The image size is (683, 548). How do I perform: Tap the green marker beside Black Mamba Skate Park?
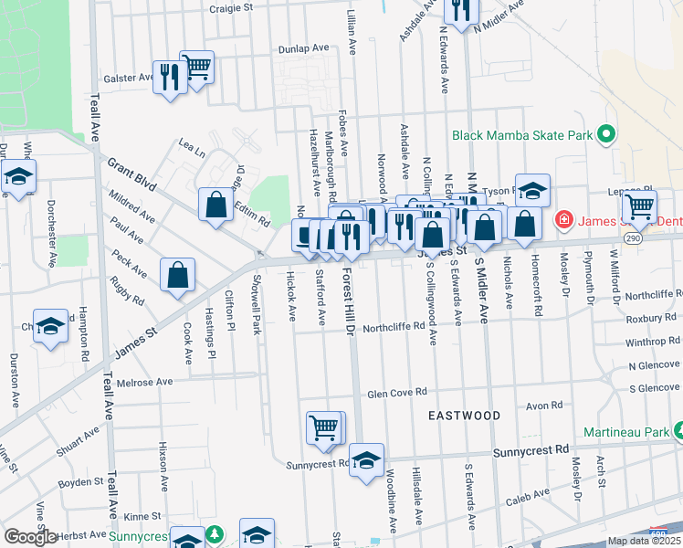605,135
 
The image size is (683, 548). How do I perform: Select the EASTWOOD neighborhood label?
465,416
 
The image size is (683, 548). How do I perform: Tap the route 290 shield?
631,237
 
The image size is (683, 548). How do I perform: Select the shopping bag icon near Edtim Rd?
216,205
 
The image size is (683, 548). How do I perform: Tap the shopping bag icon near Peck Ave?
178,275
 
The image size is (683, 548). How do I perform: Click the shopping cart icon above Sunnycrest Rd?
324,428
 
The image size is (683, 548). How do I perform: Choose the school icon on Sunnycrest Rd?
366,461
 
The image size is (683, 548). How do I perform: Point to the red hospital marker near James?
564,220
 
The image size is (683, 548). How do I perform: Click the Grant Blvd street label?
132,175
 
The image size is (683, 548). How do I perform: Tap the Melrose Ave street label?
144,383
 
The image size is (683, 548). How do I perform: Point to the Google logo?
30,537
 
